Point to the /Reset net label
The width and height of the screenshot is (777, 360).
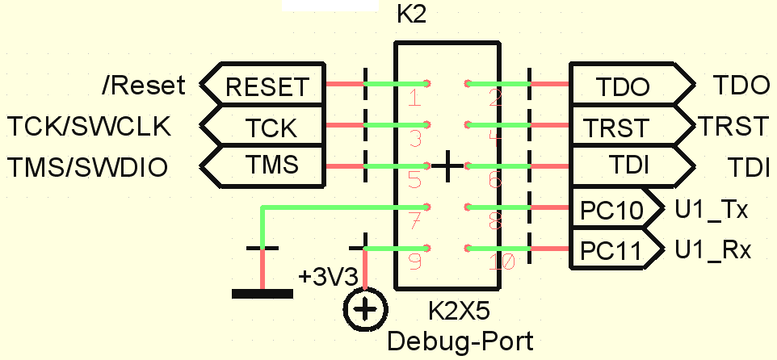point(144,84)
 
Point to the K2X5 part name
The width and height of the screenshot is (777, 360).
point(458,310)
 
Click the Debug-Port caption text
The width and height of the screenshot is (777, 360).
point(460,340)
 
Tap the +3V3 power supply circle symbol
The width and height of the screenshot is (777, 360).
point(365,309)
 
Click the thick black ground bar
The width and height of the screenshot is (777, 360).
point(262,293)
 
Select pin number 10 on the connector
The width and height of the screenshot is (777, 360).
point(502,262)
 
